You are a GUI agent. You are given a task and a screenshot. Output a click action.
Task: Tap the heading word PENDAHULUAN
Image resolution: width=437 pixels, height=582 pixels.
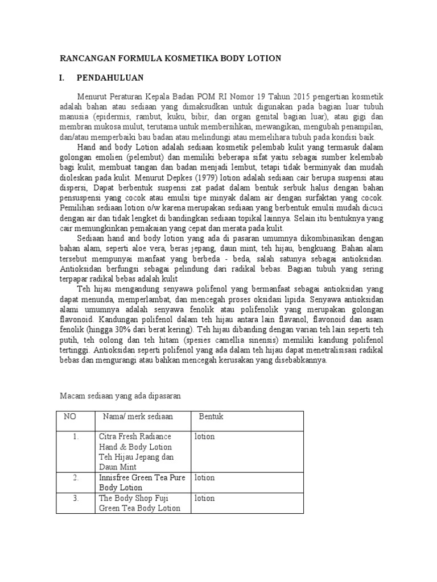pyautogui.click(x=110, y=78)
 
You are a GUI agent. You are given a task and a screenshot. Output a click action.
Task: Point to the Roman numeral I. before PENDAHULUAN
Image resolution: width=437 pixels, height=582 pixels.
pyautogui.click(x=63, y=78)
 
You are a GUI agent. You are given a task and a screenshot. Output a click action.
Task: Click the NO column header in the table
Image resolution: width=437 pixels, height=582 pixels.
pyautogui.click(x=70, y=417)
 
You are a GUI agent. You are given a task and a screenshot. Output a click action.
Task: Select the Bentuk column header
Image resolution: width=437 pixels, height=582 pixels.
pyautogui.click(x=211, y=417)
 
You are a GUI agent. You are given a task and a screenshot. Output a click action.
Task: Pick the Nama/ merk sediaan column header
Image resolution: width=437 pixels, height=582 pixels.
pyautogui.click(x=138, y=417)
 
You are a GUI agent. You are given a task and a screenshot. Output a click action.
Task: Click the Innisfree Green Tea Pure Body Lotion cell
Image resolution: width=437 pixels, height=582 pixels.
pyautogui.click(x=142, y=483)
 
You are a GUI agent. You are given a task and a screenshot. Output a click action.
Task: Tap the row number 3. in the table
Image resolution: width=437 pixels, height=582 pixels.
pyautogui.click(x=75, y=498)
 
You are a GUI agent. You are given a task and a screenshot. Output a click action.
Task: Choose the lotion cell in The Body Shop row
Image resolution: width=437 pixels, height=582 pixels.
pyautogui.click(x=204, y=498)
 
